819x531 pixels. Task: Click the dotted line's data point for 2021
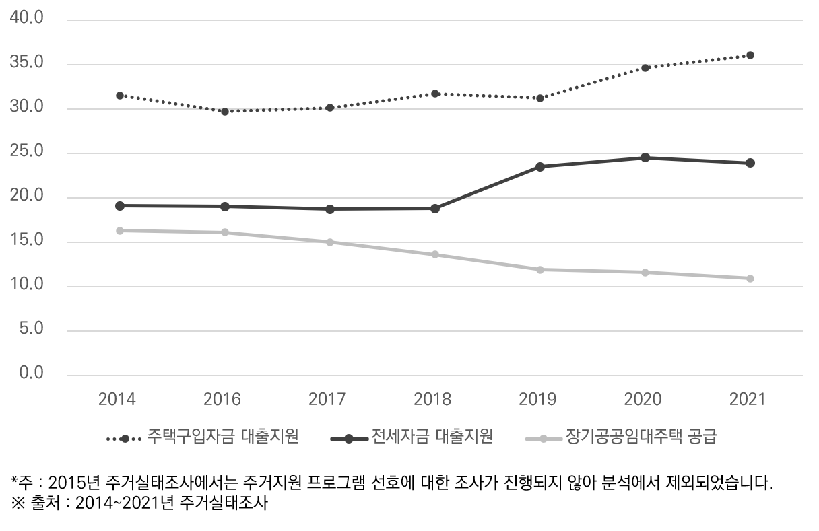[x=750, y=55]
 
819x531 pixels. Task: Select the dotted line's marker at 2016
[x=225, y=111]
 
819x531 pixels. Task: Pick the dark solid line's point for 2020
[x=645, y=157]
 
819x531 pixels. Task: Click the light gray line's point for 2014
[x=120, y=230]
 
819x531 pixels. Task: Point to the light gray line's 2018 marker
[x=435, y=254]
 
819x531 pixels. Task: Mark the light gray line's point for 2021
[x=750, y=278]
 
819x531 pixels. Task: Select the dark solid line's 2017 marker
[x=330, y=209]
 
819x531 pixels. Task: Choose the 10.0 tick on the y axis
[x=27, y=285]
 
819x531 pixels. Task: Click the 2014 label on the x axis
[x=117, y=399]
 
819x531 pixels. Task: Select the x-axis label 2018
[x=432, y=399]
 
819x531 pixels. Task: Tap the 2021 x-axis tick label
[x=748, y=399]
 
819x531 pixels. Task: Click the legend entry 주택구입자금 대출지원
[x=222, y=437]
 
